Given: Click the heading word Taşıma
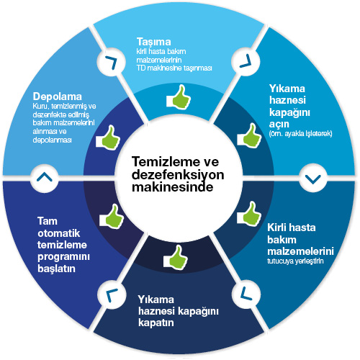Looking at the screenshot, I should coord(153,41).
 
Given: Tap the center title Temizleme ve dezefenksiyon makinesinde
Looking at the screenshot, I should coord(177,175).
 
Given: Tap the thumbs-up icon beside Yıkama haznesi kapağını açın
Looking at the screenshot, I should coord(249,135).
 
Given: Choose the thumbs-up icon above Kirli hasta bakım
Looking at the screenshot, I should coord(249,213).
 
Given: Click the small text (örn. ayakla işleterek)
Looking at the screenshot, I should coord(300,133).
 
